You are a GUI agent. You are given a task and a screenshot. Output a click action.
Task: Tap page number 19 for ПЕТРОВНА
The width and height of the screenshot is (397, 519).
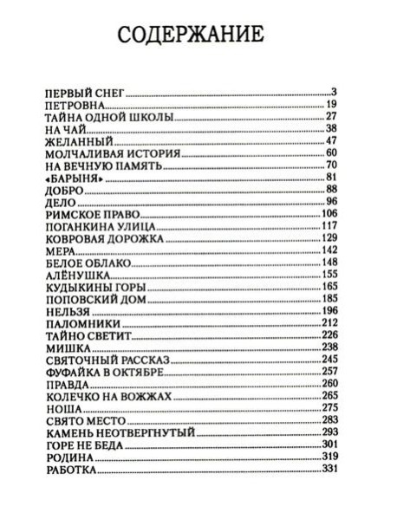[x=342, y=104]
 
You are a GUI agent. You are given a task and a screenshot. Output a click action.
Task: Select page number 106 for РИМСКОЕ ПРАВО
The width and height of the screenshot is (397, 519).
[x=339, y=213]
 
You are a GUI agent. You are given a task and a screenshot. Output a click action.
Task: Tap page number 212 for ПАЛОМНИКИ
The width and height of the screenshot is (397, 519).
[x=339, y=322]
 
